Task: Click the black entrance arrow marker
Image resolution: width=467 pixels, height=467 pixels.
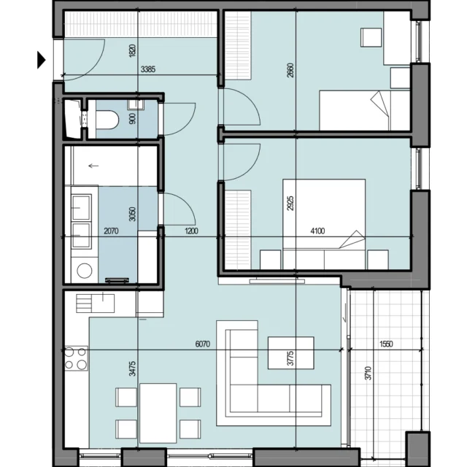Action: coord(41,60)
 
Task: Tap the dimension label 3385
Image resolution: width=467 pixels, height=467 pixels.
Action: coord(148,69)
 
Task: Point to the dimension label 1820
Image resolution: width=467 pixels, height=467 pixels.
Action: coord(133,50)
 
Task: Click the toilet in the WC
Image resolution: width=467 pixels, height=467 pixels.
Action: coord(107,120)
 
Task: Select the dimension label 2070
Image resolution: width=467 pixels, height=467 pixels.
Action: coord(111,231)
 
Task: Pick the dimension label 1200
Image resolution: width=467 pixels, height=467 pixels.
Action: coord(191,231)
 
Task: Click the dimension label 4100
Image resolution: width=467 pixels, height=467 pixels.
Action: coord(317,231)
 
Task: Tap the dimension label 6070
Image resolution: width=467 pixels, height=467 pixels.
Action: coord(203,344)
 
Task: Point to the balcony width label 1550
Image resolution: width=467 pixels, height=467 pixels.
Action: coord(386,344)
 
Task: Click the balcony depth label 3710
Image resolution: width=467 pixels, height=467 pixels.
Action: coord(368,373)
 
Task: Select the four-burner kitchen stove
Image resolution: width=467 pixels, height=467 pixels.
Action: coord(76,358)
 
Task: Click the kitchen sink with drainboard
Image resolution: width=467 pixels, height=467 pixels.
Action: coord(95,304)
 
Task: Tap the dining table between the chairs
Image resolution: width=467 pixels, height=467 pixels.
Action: coord(158,413)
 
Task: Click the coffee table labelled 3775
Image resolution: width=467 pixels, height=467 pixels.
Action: coord(290,352)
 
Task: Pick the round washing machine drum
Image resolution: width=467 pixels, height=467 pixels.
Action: coord(85,271)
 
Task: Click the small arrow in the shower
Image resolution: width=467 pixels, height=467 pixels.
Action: coord(93,166)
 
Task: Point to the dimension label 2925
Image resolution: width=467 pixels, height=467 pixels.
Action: coord(290,203)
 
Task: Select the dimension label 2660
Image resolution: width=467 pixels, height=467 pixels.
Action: coord(290,70)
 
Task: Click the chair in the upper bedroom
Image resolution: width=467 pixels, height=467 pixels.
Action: coord(371,37)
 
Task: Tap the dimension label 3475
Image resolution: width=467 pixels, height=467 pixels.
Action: coord(133,368)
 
